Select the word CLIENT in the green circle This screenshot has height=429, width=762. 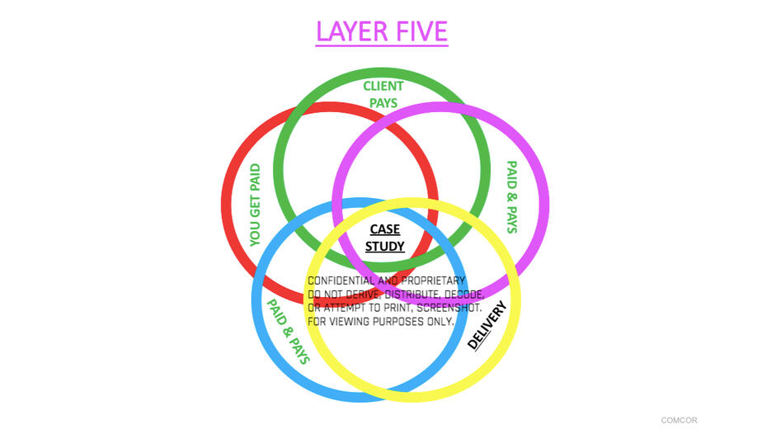pyautogui.click(x=383, y=86)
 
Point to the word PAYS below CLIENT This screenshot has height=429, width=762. pyautogui.click(x=383, y=103)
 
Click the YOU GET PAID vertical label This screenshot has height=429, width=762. pyautogui.click(x=255, y=205)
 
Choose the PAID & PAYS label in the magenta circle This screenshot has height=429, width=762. pyautogui.click(x=512, y=197)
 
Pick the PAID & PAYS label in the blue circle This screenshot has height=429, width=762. pyautogui.click(x=289, y=332)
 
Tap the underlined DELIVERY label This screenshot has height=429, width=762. pyautogui.click(x=487, y=325)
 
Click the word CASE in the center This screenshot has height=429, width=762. pyautogui.click(x=385, y=229)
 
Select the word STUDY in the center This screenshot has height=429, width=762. pyautogui.click(x=385, y=246)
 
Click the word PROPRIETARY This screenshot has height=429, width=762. pyautogui.click(x=433, y=280)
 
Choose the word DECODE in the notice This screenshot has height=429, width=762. pyautogui.click(x=464, y=295)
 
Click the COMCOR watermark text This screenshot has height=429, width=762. pyautogui.click(x=679, y=420)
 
